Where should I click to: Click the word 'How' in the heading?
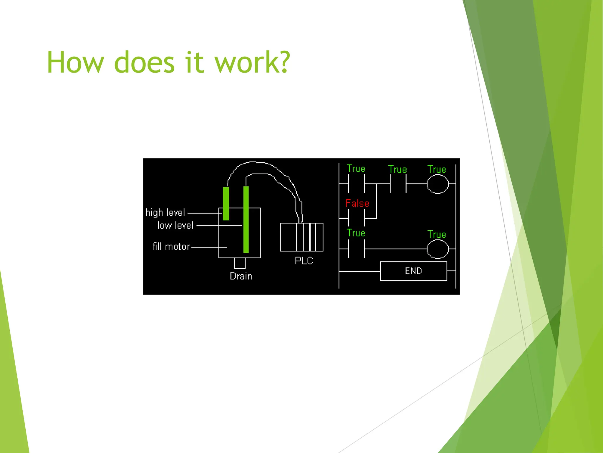click(x=75, y=62)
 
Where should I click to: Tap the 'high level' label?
click(x=165, y=213)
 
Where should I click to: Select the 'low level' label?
click(x=175, y=226)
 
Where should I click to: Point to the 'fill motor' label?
click(x=171, y=247)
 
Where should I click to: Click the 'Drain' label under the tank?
click(x=241, y=276)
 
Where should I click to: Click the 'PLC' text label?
click(x=304, y=261)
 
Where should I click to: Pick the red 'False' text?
click(x=357, y=203)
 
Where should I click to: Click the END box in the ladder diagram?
click(x=413, y=271)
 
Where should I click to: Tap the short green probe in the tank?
click(x=226, y=203)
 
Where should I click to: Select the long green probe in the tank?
click(x=246, y=220)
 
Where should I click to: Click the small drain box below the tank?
click(x=240, y=263)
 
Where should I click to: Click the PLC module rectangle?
click(x=302, y=237)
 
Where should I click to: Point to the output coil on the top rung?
click(x=438, y=184)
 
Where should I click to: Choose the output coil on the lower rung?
click(x=438, y=249)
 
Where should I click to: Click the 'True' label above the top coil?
click(x=437, y=169)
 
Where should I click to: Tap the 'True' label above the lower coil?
click(x=437, y=234)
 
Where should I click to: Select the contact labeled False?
click(x=357, y=219)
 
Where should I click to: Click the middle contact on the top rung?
click(x=398, y=184)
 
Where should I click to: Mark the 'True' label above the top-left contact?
click(x=356, y=169)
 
